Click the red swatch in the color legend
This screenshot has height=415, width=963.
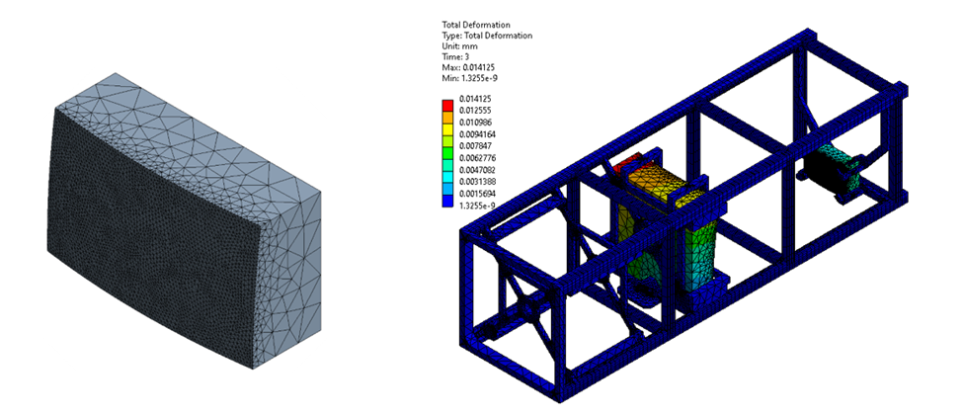447,105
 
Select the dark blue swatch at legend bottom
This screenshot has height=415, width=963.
447,201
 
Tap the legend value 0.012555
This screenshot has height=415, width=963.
475,111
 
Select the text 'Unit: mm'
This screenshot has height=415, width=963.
460,46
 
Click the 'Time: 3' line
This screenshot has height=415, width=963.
455,57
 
